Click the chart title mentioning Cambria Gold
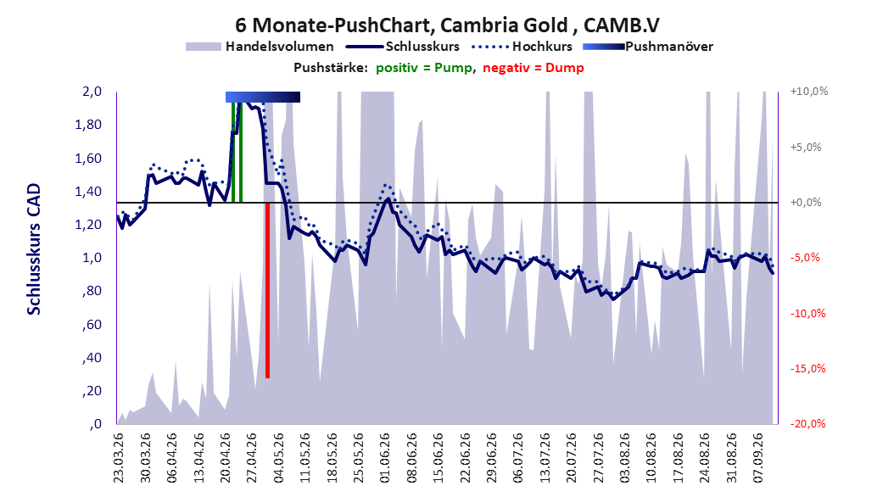pos(447,25)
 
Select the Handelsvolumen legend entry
pos(260,47)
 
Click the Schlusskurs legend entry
pos(403,47)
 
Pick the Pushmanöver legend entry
pos(648,47)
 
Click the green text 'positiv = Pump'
pos(424,68)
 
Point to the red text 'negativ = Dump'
pos(534,68)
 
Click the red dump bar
pos(267,290)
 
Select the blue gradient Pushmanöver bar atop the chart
pos(263,97)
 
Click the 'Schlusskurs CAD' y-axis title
pos(34,249)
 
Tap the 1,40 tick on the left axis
pos(88,192)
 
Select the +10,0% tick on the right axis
pos(809,92)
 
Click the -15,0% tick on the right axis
pos(807,369)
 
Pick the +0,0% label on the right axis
pos(806,203)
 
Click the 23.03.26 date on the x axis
pos(119,458)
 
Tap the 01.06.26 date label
pos(385,458)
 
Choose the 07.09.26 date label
pos(759,458)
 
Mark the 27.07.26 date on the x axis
pos(599,458)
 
